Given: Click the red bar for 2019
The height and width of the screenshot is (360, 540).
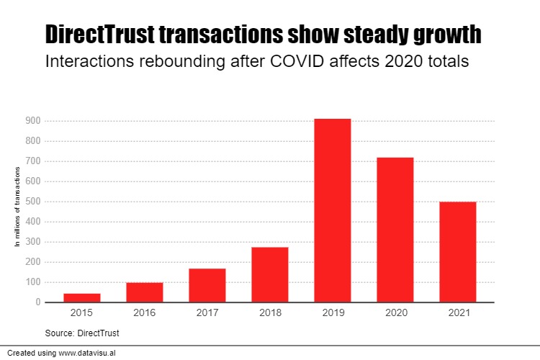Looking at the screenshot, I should point(333,210).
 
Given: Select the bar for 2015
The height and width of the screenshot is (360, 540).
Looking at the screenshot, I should point(82,297).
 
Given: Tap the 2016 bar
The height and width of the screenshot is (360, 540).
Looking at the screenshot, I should point(145,292).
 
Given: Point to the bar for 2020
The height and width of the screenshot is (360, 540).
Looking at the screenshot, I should point(395,230).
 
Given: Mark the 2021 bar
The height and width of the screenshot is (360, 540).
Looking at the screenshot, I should point(458,252).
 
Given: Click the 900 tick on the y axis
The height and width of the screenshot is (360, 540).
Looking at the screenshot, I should point(32,121).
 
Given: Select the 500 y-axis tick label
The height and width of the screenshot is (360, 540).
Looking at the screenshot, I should point(32,202).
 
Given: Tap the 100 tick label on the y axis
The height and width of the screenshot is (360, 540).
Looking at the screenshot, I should point(32,282).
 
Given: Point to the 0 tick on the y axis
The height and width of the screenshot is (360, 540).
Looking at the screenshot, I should point(37,302).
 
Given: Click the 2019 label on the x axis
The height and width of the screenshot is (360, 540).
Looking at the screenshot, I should point(333,314).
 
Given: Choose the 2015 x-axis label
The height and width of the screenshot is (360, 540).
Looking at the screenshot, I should point(82,314).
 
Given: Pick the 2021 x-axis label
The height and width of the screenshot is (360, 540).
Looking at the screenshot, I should point(458,314).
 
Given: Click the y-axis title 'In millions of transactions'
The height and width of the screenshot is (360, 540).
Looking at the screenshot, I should point(17,207).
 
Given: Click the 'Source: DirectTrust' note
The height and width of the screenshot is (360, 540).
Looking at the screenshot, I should point(82,333).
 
